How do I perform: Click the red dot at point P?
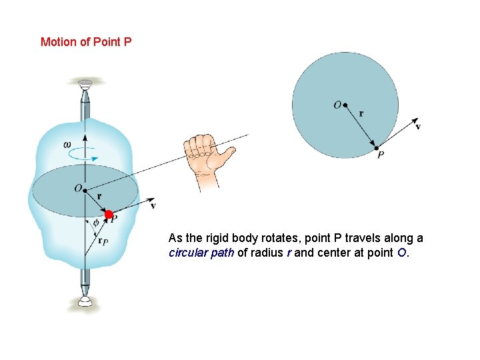(x=109, y=214)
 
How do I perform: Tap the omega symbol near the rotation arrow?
(x=67, y=145)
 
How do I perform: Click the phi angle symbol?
(x=96, y=223)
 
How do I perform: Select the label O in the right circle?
(x=337, y=105)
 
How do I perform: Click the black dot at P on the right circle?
(x=377, y=148)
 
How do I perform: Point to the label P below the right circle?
(x=381, y=155)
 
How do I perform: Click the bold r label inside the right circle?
(x=361, y=114)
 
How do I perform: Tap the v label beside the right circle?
(x=418, y=126)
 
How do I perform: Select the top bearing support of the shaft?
(x=85, y=84)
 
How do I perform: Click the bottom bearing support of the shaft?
(x=85, y=301)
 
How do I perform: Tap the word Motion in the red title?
(x=59, y=42)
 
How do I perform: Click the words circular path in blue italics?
(x=201, y=253)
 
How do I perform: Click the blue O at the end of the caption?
(x=401, y=253)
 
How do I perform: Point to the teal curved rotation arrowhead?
(x=94, y=159)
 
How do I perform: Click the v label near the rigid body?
(x=153, y=206)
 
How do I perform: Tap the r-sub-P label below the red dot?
(x=103, y=241)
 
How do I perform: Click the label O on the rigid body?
(x=78, y=188)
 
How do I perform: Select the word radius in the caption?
(x=266, y=253)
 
